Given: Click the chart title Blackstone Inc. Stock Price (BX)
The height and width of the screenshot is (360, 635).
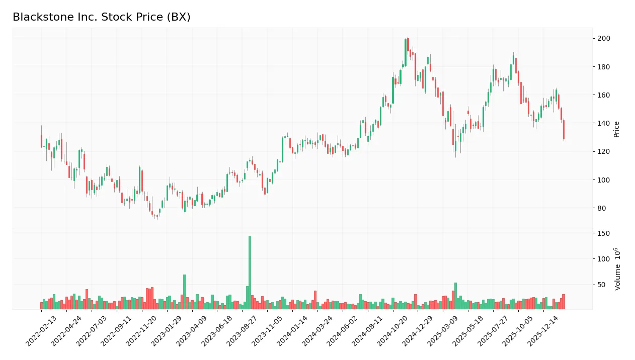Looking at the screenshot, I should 101,17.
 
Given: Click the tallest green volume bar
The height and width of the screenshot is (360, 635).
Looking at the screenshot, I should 250,272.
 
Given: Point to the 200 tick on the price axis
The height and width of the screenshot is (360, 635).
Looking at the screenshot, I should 604,39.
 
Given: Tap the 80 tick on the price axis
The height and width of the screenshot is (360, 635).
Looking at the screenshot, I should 602,208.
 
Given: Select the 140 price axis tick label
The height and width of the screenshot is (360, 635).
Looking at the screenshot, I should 604,123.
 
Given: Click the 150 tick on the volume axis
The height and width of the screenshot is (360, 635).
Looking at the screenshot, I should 604,233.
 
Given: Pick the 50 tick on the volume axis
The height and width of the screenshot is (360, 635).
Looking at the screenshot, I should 602,285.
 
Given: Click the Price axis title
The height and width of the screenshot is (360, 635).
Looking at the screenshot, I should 616,129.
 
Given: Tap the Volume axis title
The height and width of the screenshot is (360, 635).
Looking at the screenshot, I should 617,268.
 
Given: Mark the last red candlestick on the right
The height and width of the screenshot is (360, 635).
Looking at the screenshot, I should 564,130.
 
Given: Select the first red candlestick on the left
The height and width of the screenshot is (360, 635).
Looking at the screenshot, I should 41,141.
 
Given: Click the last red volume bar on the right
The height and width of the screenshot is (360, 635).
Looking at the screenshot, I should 564,302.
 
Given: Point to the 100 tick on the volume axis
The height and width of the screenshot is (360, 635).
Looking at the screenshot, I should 604,259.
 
